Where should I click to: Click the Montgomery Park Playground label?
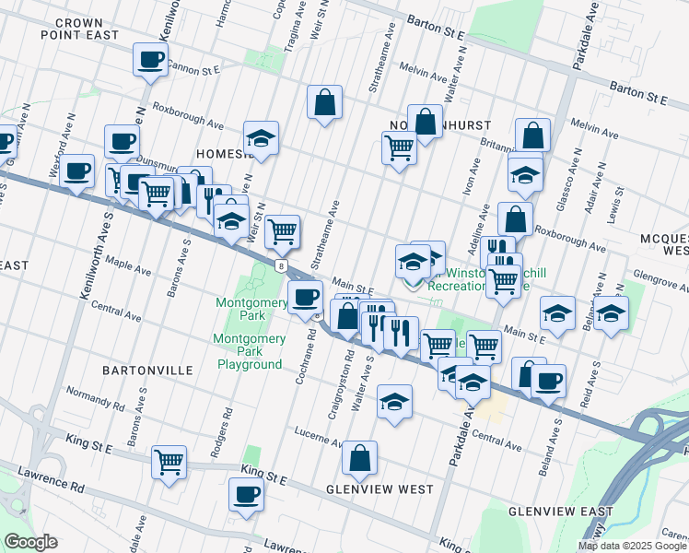point(249,351)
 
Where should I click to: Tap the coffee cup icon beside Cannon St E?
point(150,61)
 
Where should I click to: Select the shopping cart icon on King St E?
point(169,461)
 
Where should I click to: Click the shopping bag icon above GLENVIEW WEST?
point(359,457)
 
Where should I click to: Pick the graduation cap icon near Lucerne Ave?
point(394,401)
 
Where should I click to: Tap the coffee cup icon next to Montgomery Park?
point(305,297)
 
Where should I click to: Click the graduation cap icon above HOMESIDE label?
point(261,138)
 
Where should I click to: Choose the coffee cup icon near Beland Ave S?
point(548,380)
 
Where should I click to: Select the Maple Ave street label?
point(128,267)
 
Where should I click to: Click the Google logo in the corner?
point(30,542)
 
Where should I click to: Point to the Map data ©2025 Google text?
point(632,546)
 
